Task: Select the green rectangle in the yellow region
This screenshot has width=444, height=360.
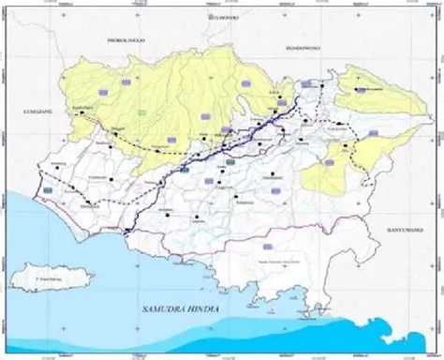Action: pos(142,113)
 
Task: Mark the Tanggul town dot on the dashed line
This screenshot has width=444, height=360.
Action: pos(117,142)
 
